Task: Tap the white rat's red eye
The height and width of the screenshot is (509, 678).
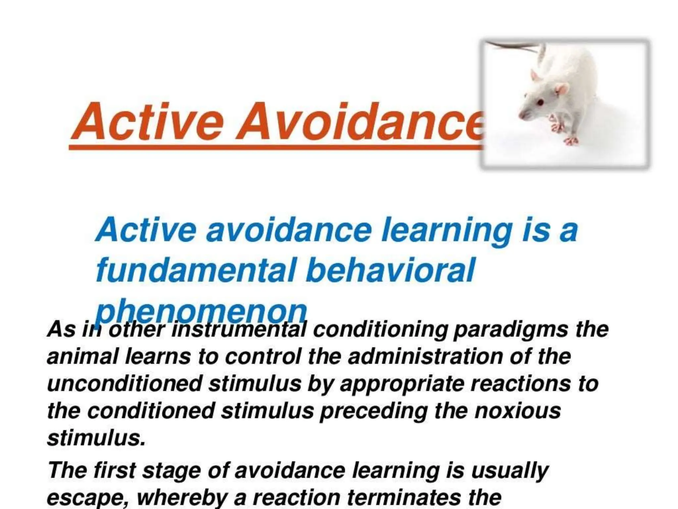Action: point(540,102)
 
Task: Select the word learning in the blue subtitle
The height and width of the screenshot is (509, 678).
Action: point(447,230)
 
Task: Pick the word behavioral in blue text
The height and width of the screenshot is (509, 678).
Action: point(391,270)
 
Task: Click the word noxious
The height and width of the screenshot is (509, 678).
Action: point(518,411)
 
